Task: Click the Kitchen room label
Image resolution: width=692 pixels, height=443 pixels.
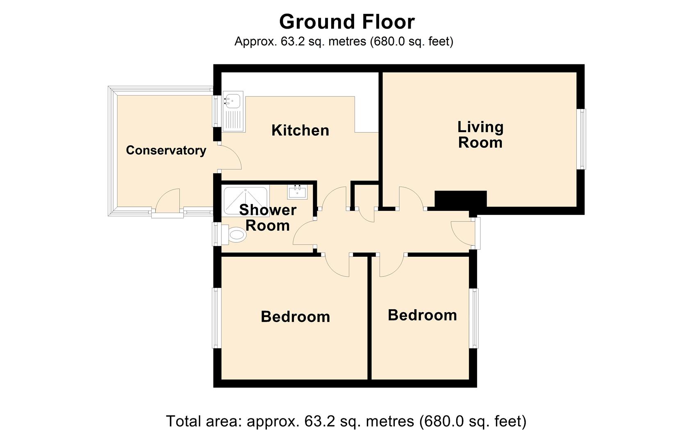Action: click(x=300, y=130)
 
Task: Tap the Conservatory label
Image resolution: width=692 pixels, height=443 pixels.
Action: click(x=166, y=150)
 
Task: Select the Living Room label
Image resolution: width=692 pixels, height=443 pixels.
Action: click(x=480, y=135)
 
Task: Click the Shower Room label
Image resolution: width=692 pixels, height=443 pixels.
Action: click(x=268, y=218)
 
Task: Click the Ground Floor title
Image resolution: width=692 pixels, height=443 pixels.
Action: click(x=347, y=22)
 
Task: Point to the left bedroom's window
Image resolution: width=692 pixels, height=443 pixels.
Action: click(x=216, y=318)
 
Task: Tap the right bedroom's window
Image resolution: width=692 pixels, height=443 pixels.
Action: click(x=473, y=318)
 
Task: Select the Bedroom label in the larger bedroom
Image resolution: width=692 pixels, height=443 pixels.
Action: click(x=295, y=317)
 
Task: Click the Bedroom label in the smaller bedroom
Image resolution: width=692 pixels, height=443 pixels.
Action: click(x=422, y=315)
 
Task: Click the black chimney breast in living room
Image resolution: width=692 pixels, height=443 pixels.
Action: click(x=461, y=199)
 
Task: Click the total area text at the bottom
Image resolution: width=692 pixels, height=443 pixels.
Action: click(x=346, y=421)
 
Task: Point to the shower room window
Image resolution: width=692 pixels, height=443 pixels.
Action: click(x=216, y=234)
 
